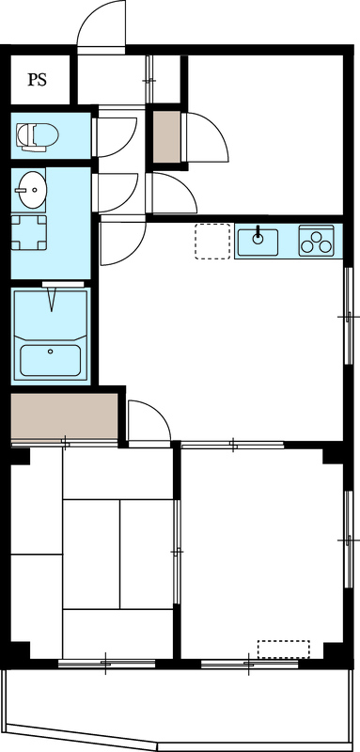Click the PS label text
coord(37,80)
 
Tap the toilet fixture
coord(37,136)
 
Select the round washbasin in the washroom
coord(30,191)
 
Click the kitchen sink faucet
coord(257,235)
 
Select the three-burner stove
coord(318,241)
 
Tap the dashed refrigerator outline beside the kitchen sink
coord(212,241)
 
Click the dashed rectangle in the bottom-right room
coord(283,650)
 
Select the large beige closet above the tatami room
coord(63,416)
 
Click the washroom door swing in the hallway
coord(118,193)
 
